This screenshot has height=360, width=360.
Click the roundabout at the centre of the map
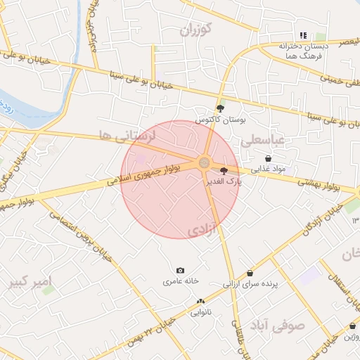click(205, 163)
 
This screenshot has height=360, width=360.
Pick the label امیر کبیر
click(31, 283)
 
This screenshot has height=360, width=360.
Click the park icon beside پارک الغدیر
click(224, 171)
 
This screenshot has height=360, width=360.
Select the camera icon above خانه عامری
click(181, 271)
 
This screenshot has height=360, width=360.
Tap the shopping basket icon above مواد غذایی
click(269, 159)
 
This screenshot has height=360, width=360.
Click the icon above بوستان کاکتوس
click(221, 108)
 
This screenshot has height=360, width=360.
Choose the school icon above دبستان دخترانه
click(303, 35)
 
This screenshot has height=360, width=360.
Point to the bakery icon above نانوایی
click(200, 302)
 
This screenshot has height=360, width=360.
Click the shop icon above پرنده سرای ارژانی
click(250, 274)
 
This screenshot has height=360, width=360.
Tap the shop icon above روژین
click(352, 326)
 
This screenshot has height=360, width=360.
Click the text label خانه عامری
click(181, 281)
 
